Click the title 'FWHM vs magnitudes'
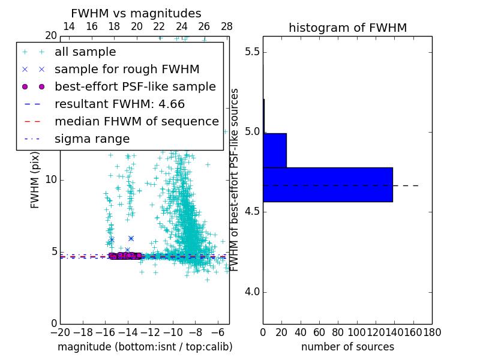tap(136, 14)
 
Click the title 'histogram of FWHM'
tap(347, 28)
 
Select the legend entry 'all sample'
tap(85, 52)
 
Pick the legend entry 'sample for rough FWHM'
tap(127, 70)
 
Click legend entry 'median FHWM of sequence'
tap(137, 122)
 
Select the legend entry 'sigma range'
tap(92, 139)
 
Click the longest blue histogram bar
tap(328, 185)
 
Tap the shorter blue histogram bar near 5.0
tap(275, 150)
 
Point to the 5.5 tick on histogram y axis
tap(252, 52)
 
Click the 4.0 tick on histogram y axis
tap(252, 292)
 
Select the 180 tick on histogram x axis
tap(432, 332)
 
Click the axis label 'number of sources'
tap(347, 347)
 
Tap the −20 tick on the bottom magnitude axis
tap(60, 332)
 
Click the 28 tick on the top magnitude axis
tap(227, 26)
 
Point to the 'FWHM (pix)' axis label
tap(35, 179)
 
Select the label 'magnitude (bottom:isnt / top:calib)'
tap(145, 347)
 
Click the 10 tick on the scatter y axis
tap(50, 180)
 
